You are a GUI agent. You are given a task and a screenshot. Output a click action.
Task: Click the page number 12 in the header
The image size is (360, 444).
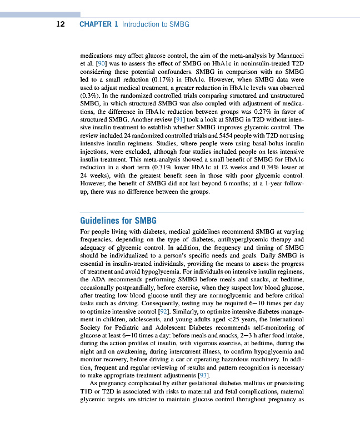pos(61,24)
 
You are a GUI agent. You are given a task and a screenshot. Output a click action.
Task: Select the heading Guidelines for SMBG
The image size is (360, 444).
pos(118,220)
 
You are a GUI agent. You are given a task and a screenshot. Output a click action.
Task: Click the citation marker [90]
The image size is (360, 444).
pos(101,64)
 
